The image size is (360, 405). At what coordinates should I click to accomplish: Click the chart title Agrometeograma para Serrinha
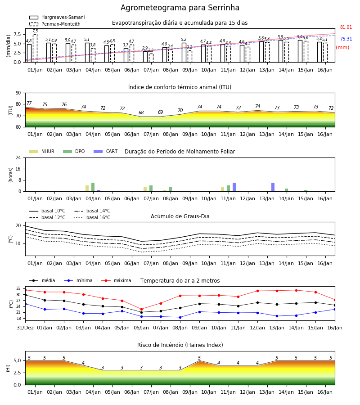coord(180,8)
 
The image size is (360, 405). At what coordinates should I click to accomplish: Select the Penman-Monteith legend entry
coord(55,24)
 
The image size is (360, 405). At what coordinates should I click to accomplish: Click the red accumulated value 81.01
coord(346,27)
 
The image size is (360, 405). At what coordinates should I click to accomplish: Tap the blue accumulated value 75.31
coord(346,39)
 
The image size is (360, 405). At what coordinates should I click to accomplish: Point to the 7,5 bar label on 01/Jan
coord(35,31)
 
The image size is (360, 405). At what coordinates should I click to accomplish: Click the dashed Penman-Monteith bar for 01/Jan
coord(35,48)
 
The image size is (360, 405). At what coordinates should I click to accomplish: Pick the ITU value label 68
coord(141,112)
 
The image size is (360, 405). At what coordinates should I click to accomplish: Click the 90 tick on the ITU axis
coord(18,93)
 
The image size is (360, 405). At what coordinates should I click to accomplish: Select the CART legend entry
coord(106,151)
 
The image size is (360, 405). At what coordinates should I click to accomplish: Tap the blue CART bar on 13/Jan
coord(273,187)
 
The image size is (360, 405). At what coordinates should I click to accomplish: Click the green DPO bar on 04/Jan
coord(93,187)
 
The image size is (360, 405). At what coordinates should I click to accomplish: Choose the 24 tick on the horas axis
coord(18,157)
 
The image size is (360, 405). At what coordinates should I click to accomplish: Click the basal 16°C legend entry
coord(92,217)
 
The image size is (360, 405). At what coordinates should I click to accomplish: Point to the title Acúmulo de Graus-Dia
coord(180,216)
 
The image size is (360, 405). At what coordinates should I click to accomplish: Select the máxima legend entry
coord(116,280)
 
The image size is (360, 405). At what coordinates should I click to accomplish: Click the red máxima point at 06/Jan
coord(141,309)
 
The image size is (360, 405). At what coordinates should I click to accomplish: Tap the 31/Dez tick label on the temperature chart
coord(25,328)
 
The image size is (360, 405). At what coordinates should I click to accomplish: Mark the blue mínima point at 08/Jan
coord(180,317)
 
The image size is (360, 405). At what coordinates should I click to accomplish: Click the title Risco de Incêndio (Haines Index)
coord(180,345)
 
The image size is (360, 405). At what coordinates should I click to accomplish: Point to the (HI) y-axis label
coord(8,368)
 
